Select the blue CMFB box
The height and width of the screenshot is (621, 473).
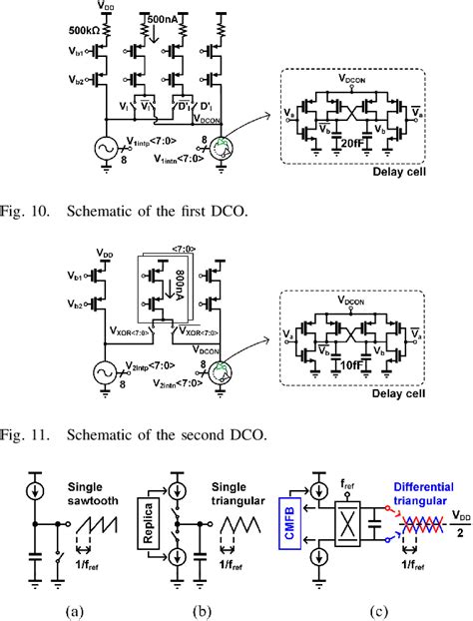pyautogui.click(x=285, y=524)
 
